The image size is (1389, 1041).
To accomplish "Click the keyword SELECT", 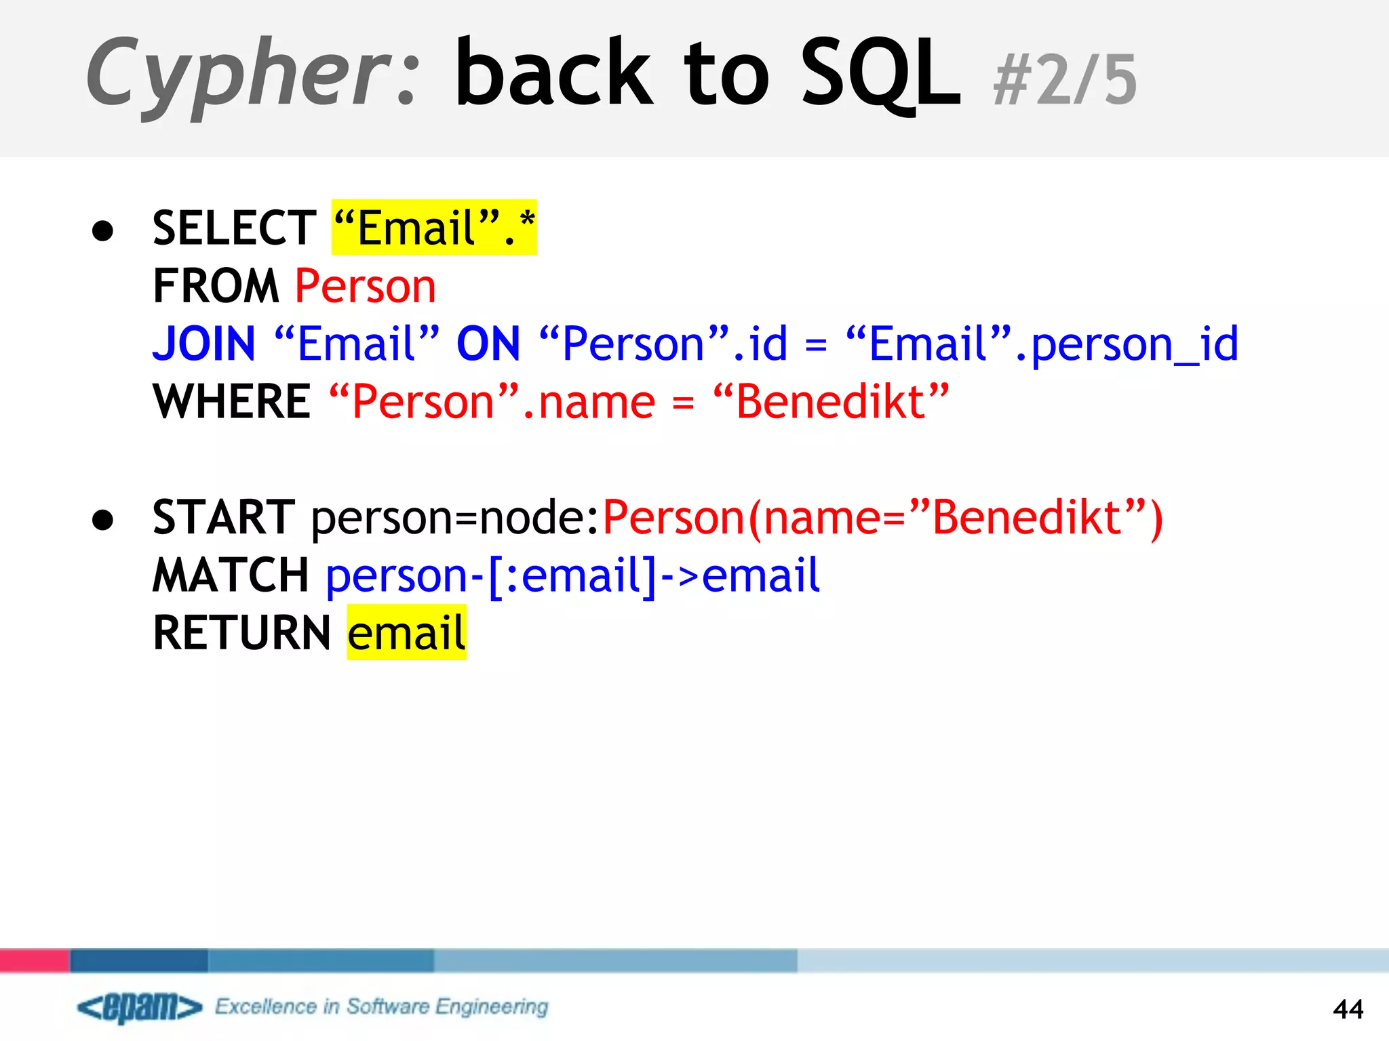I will tap(234, 228).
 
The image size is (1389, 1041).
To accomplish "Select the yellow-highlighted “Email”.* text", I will tap(434, 228).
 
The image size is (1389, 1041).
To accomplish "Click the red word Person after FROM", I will tap(365, 286).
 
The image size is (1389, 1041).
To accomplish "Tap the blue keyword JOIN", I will tap(204, 344).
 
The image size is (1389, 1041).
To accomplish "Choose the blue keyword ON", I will tap(488, 344).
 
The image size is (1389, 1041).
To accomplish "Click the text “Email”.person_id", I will tap(1042, 344).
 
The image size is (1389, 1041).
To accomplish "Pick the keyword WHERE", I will tap(232, 401).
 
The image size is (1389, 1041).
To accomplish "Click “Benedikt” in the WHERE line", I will tap(831, 401).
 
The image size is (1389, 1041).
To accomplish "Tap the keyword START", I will tap(224, 517).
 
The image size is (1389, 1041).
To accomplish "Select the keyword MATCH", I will tap(231, 575).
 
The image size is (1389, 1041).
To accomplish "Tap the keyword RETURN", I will tap(241, 633).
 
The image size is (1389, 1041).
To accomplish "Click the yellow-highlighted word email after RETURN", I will tap(406, 633).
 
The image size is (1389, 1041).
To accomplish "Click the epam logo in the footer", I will tap(140, 1007).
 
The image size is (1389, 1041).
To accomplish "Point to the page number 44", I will tap(1348, 1009).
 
